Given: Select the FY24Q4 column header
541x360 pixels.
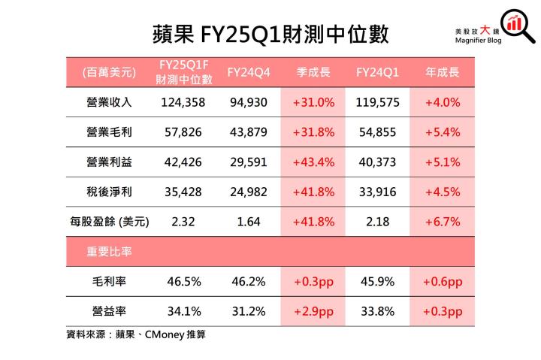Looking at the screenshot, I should pos(247,72).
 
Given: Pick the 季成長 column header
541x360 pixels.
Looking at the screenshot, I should pos(313,72).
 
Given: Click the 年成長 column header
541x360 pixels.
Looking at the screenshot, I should pos(443,72).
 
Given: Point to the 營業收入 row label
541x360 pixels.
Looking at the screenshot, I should pos(109,102).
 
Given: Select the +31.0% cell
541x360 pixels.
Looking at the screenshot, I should pos(313,102).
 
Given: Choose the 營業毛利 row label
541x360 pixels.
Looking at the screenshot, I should pos(109,132).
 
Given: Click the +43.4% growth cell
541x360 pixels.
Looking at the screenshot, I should pos(313,162).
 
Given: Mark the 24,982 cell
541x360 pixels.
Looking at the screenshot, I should pos(247,192).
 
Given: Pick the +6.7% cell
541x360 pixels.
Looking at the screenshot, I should pos(443,222).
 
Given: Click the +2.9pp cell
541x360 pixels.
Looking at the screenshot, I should pos(313,311).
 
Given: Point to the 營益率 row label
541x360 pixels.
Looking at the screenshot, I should pos(109,311).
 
